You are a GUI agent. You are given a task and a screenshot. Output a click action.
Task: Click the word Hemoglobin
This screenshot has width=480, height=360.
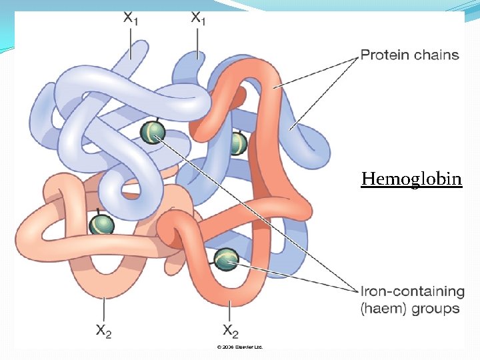pyautogui.click(x=411, y=179)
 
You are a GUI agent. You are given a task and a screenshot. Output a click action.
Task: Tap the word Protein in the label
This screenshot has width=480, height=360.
pyautogui.click(x=383, y=54)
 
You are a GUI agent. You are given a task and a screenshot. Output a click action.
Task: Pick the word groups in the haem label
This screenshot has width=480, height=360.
pyautogui.click(x=436, y=308)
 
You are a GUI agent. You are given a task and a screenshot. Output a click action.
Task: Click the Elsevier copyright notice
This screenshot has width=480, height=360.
pyautogui.click(x=240, y=347)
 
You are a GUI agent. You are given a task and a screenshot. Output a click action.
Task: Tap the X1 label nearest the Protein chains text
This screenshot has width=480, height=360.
pyautogui.click(x=199, y=18)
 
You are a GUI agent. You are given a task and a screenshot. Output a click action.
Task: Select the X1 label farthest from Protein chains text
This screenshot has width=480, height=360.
pyautogui.click(x=131, y=18)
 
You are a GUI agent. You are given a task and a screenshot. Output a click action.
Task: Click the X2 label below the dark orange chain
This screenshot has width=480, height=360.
pyautogui.click(x=231, y=331)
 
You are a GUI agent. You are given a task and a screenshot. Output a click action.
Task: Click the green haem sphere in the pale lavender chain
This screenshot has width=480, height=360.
pyautogui.click(x=153, y=131)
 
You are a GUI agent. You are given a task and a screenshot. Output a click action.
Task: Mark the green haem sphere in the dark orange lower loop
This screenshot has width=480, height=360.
pyautogui.click(x=227, y=257)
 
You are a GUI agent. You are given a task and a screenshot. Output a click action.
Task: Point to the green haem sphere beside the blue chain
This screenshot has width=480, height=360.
pyautogui.click(x=237, y=143)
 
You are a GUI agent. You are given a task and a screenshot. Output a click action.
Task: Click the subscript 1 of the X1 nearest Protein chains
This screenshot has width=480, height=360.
pyautogui.click(x=204, y=21)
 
